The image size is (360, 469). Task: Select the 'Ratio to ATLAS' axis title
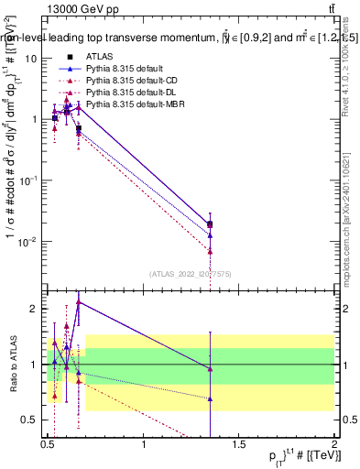click(14, 365)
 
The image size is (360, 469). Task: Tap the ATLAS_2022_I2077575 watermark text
click(191, 273)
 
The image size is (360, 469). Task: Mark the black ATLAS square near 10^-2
click(211, 224)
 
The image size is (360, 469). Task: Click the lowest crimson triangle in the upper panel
click(211, 251)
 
